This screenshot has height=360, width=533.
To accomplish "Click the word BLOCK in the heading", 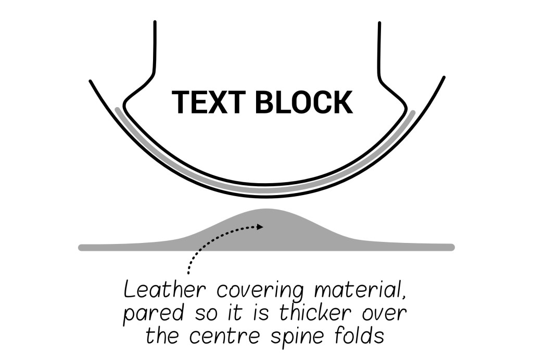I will click(304, 102).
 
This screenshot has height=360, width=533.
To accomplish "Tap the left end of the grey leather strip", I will click(81, 247).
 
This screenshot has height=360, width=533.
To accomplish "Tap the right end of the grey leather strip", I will click(452, 247).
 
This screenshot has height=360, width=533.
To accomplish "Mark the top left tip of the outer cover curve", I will click(90, 81).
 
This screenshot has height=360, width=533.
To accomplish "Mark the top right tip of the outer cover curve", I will click(444, 77).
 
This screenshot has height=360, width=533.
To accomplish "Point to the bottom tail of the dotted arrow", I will click(188, 273).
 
